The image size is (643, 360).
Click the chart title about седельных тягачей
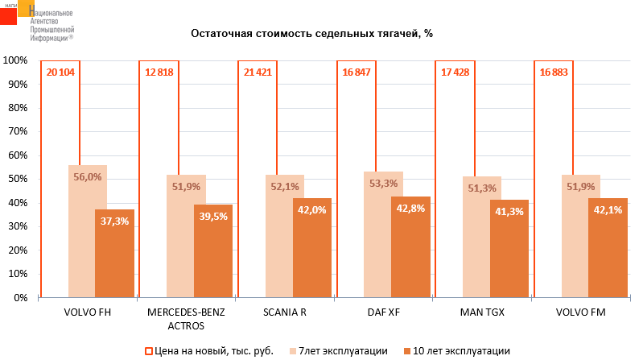point(311,34)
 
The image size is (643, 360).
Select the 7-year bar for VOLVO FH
point(88,234)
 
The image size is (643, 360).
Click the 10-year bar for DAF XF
point(410,250)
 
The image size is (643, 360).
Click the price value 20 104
point(61,72)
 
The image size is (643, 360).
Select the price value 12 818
point(159,72)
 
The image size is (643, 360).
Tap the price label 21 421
point(258,72)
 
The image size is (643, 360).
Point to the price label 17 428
point(455,72)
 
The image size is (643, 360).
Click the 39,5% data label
point(213,216)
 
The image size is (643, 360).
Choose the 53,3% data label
point(383,183)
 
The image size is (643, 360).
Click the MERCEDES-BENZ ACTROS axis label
point(174,318)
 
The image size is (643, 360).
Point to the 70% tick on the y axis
point(16,131)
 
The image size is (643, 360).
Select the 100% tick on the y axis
point(14,60)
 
